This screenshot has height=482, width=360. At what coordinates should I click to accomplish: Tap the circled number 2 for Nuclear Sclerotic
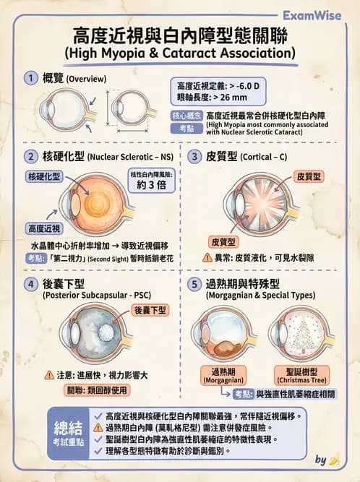click(31, 156)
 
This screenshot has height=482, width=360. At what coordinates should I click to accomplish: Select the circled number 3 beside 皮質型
click(195, 156)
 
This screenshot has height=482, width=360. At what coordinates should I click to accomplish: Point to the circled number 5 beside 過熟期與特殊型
click(195, 284)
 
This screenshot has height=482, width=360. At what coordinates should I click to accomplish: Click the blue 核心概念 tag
click(187, 115)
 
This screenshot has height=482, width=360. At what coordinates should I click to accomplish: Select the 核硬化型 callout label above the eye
click(44, 176)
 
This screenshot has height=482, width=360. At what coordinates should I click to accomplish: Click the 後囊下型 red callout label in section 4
click(150, 309)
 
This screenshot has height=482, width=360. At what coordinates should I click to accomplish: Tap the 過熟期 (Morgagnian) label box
click(223, 375)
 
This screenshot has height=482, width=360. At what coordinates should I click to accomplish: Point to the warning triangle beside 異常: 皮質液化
click(207, 257)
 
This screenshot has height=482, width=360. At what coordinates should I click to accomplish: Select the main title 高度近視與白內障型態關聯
click(179, 35)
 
